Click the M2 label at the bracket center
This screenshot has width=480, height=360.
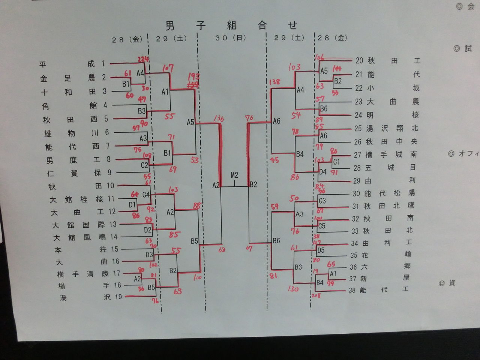tap(234, 175)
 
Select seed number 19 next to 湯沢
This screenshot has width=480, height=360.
tap(118, 297)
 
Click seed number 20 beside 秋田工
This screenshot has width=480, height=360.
tap(359, 60)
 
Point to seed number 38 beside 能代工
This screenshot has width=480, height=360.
tap(352, 290)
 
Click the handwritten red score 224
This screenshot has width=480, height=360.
tap(143, 59)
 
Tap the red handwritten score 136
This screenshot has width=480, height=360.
tap(218, 119)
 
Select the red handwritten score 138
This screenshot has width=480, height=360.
tap(274, 82)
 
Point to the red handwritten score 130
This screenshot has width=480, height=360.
tap(293, 289)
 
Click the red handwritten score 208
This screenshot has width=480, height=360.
tap(316, 295)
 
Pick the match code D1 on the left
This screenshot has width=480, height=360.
tap(132, 205)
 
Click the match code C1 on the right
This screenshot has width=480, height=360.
tap(336, 162)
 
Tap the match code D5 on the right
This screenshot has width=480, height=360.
tap(321, 250)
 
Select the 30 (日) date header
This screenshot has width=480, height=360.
tap(230, 38)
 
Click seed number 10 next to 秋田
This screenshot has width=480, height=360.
tap(110, 186)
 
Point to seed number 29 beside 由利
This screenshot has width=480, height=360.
tap(357, 181)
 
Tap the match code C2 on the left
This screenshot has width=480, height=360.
tap(144, 165)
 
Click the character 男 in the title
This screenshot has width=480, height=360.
tap(170, 25)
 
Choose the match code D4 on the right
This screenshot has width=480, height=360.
tap(322, 172)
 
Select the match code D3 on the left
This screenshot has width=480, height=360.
tap(149, 255)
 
